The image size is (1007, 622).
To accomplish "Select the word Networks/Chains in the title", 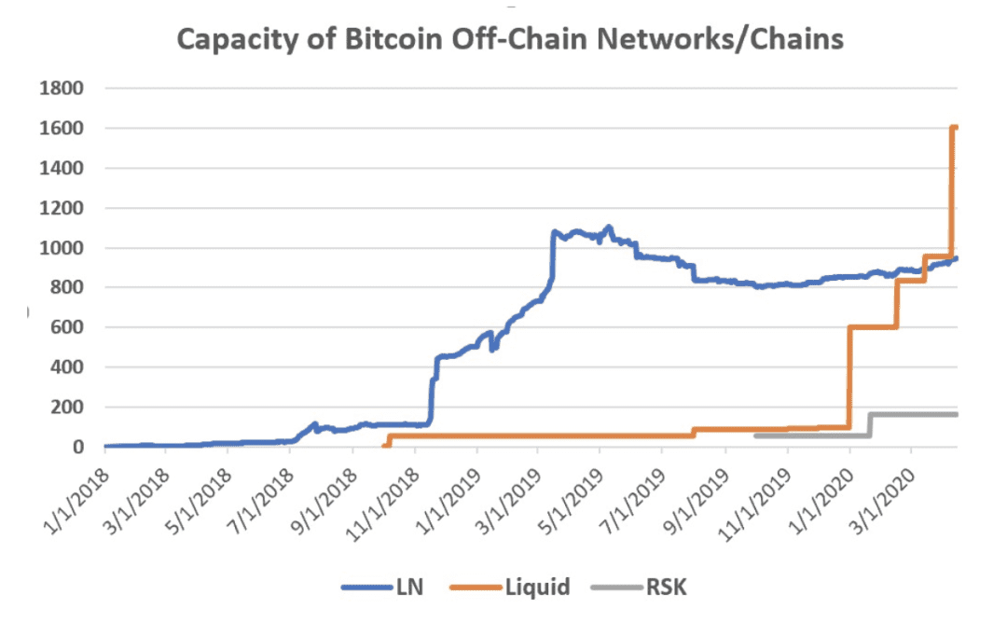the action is pos(720,40).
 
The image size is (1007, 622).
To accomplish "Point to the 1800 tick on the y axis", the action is pos(62,88).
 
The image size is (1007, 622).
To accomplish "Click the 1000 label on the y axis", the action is pos(62,248).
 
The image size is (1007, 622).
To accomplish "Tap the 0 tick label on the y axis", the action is pos(78,448).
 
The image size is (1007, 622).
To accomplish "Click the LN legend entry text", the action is pos(409,587).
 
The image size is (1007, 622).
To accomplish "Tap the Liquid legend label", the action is pos(538,587).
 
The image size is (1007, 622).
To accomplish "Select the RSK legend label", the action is pos(666,587).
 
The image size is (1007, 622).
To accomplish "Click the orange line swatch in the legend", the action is pos(476,587).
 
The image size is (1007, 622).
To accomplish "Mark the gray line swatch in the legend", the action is pos(616,587).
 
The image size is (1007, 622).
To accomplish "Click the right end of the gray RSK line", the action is pos(957,414).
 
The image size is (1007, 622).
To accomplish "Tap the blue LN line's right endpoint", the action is pos(957,258).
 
